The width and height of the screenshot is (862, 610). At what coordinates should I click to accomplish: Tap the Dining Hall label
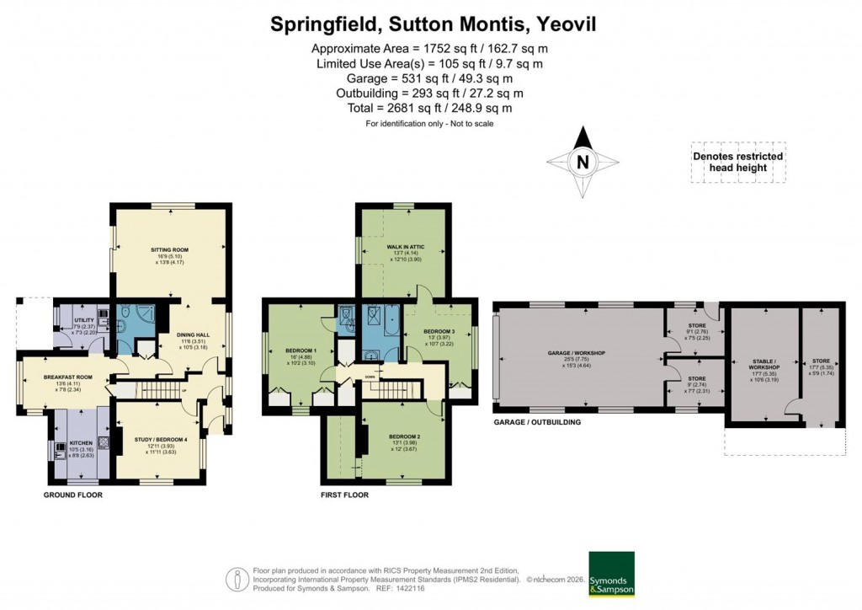pos(192,335)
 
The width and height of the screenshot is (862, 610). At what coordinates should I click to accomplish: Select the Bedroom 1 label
pos(300,350)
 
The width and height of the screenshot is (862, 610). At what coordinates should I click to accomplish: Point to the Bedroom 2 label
pos(403,436)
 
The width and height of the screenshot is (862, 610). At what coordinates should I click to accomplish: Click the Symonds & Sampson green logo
pos(612,575)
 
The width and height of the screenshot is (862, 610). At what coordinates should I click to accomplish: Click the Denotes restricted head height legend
pos(737,162)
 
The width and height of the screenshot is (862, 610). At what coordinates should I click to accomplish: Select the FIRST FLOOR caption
pos(344,495)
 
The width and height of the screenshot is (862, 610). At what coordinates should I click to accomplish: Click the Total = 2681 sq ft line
pos(430,108)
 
